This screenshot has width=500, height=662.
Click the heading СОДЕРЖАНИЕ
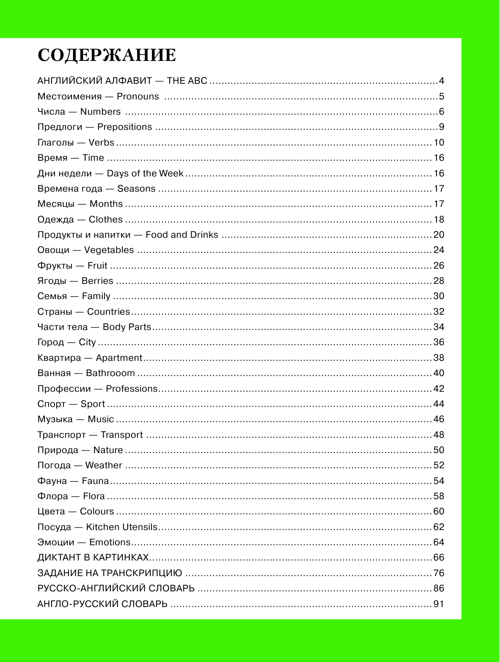click(x=107, y=55)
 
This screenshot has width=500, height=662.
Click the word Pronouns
click(x=138, y=96)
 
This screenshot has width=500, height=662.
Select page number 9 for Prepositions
click(x=441, y=127)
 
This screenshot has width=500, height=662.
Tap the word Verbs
click(x=102, y=143)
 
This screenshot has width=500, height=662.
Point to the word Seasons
click(x=136, y=189)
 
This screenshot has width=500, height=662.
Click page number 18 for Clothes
click(x=439, y=220)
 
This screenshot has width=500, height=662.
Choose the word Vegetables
click(x=109, y=250)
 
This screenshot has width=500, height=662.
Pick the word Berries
click(x=97, y=281)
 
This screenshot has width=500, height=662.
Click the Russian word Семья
click(x=52, y=296)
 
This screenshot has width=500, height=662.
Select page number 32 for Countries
click(x=439, y=312)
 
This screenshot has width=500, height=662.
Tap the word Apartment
click(x=119, y=358)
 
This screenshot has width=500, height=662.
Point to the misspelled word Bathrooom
click(x=110, y=373)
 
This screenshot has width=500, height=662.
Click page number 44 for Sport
click(x=439, y=404)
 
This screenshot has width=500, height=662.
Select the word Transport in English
click(x=122, y=435)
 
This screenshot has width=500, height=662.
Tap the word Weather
click(x=104, y=465)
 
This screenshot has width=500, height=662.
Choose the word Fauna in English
click(x=95, y=481)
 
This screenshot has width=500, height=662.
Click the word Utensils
click(x=139, y=527)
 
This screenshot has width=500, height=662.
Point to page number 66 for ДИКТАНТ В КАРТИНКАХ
click(x=439, y=558)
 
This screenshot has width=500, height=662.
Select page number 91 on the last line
click(x=439, y=604)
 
